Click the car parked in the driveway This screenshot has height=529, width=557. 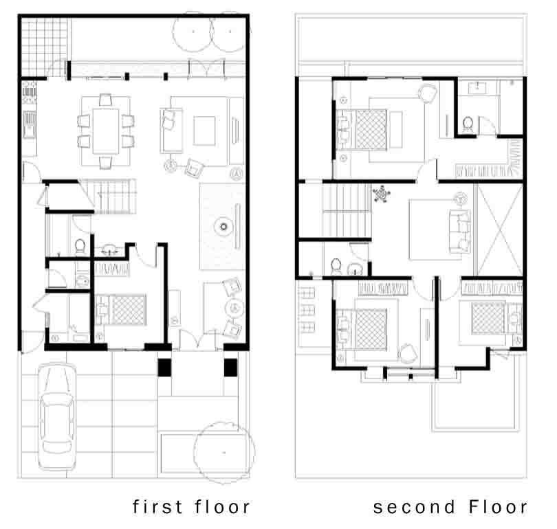[x=57, y=416]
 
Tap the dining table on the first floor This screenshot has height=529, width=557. [x=106, y=131]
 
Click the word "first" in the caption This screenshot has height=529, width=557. [x=157, y=506]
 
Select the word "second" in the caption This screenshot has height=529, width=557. [x=414, y=507]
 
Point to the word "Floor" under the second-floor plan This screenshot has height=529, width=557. [x=498, y=506]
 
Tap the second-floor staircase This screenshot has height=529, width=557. [x=347, y=210]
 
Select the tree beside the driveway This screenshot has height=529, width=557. [x=224, y=452]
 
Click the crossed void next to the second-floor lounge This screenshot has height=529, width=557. [x=499, y=229]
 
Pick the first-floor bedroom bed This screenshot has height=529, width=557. [x=121, y=309]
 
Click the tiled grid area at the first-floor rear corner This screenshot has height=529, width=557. [x=45, y=47]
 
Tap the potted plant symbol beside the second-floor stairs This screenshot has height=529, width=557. [x=382, y=194]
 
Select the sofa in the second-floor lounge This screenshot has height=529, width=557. [x=460, y=232]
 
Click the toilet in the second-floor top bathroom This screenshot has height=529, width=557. [x=468, y=124]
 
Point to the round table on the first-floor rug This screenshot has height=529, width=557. [x=223, y=226]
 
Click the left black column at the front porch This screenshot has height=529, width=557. [x=164, y=368]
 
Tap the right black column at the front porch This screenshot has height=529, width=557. [x=230, y=368]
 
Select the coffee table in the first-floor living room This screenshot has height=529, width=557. [x=204, y=131]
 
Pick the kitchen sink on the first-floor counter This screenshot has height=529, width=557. [x=30, y=124]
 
